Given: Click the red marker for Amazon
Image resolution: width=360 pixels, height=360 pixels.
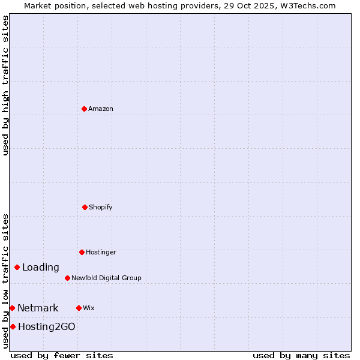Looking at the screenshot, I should tap(84, 109).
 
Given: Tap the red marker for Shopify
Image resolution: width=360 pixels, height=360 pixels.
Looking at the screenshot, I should tap(85, 207).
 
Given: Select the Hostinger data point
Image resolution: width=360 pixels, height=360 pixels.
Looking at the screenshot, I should tap(82, 252).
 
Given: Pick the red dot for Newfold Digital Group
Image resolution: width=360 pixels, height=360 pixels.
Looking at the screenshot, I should tap(67, 278).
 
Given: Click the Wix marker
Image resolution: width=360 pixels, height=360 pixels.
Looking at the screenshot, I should tap(79, 308).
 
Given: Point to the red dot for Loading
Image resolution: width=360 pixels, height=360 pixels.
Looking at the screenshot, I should tap(17, 267).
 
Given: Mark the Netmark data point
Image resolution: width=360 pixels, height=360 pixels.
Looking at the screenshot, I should tap(12, 308).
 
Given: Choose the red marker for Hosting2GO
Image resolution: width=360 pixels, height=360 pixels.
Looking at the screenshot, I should tap(13, 326).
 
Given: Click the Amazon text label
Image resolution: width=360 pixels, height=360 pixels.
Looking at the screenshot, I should tap(101, 109).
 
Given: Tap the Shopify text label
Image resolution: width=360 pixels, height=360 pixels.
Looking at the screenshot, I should tap(101, 207).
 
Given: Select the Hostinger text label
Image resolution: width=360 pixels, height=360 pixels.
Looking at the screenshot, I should tap(101, 252).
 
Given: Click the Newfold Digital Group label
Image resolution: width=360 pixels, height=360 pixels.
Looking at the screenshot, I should tap(106, 278).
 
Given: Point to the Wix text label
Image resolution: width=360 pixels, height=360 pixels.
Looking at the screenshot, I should tap(89, 308).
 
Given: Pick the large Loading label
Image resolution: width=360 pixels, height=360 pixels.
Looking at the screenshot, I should tap(41, 267).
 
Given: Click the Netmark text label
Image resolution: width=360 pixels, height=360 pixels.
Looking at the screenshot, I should tap(38, 308).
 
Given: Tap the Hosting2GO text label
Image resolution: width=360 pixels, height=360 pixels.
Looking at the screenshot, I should tap(47, 326).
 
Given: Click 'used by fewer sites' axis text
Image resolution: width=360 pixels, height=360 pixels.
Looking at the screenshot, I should tap(62, 355).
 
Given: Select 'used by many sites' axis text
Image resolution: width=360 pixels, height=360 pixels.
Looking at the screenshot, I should tap(301, 355).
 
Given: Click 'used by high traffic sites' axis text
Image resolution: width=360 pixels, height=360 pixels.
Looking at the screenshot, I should tap(6, 85).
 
